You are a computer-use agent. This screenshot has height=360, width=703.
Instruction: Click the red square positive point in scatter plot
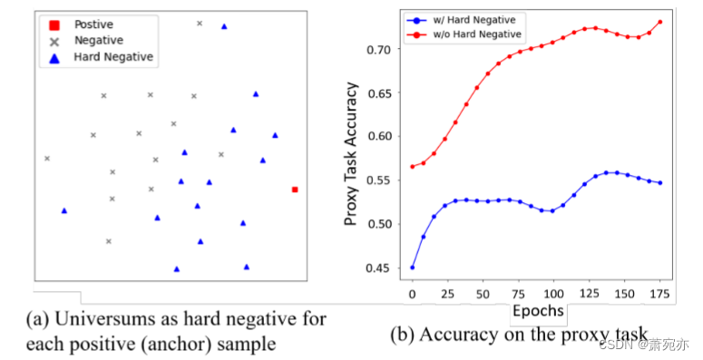click(x=295, y=190)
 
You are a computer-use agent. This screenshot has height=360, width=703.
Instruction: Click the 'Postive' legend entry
click(x=93, y=24)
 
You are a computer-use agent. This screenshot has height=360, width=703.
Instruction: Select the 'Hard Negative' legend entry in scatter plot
click(x=112, y=57)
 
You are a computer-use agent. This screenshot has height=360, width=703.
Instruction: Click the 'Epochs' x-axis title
click(x=539, y=312)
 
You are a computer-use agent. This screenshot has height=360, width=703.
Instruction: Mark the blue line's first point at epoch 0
click(x=413, y=268)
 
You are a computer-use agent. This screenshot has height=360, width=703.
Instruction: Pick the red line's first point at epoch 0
click(x=413, y=166)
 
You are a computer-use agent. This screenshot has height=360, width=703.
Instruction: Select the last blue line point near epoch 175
click(x=659, y=183)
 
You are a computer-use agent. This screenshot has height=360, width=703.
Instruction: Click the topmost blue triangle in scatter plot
click(x=224, y=26)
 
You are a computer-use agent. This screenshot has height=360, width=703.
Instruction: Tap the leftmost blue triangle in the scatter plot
click(x=63, y=210)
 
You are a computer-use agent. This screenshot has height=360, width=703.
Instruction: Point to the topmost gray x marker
click(x=200, y=24)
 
